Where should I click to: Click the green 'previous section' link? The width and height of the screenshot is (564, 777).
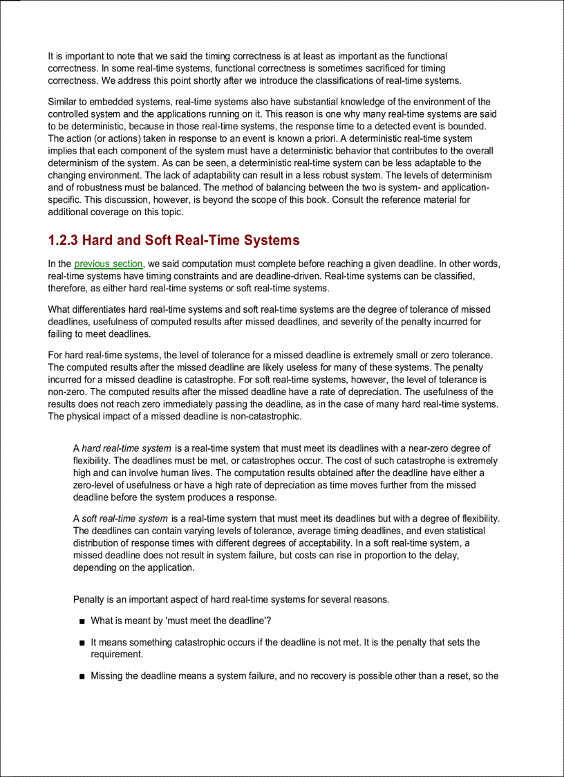109,264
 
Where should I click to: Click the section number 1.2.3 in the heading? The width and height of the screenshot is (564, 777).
63,241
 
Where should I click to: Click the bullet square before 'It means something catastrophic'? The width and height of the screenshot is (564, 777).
82,643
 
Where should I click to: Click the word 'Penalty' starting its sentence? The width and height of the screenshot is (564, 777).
89,599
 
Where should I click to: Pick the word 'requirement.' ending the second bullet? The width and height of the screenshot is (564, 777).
117,654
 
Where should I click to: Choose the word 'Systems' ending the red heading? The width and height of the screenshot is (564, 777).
274,241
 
